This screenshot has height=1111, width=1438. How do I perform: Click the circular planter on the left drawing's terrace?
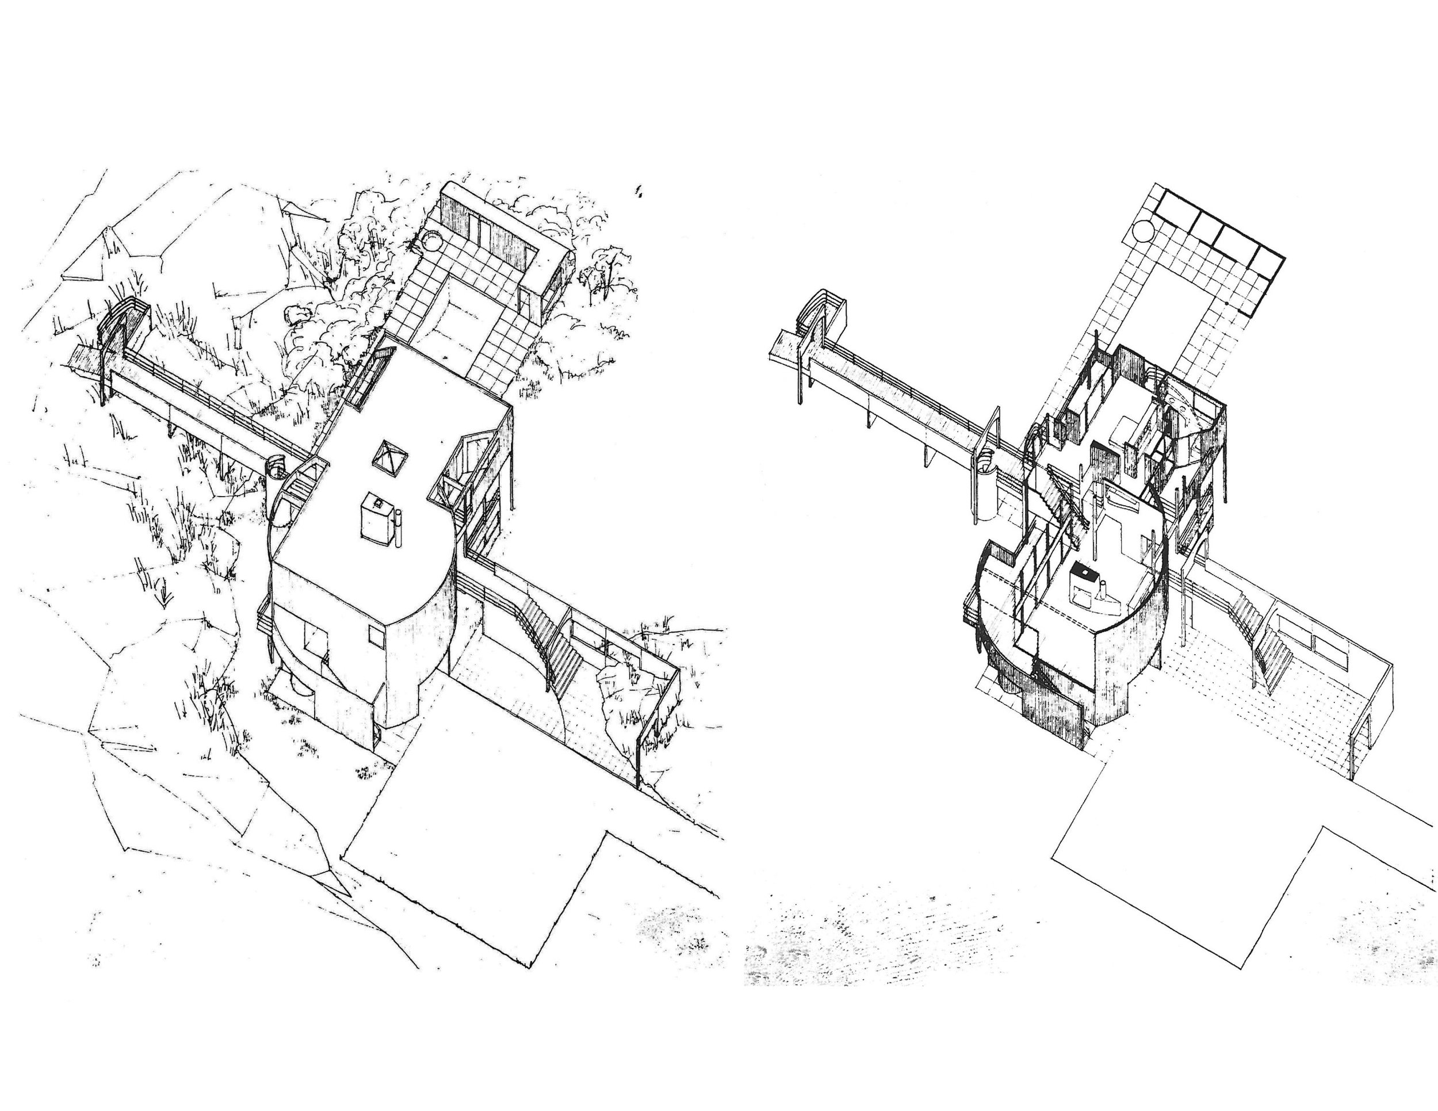tap(434, 240)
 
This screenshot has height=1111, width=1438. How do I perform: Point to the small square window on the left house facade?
tap(375, 636)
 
